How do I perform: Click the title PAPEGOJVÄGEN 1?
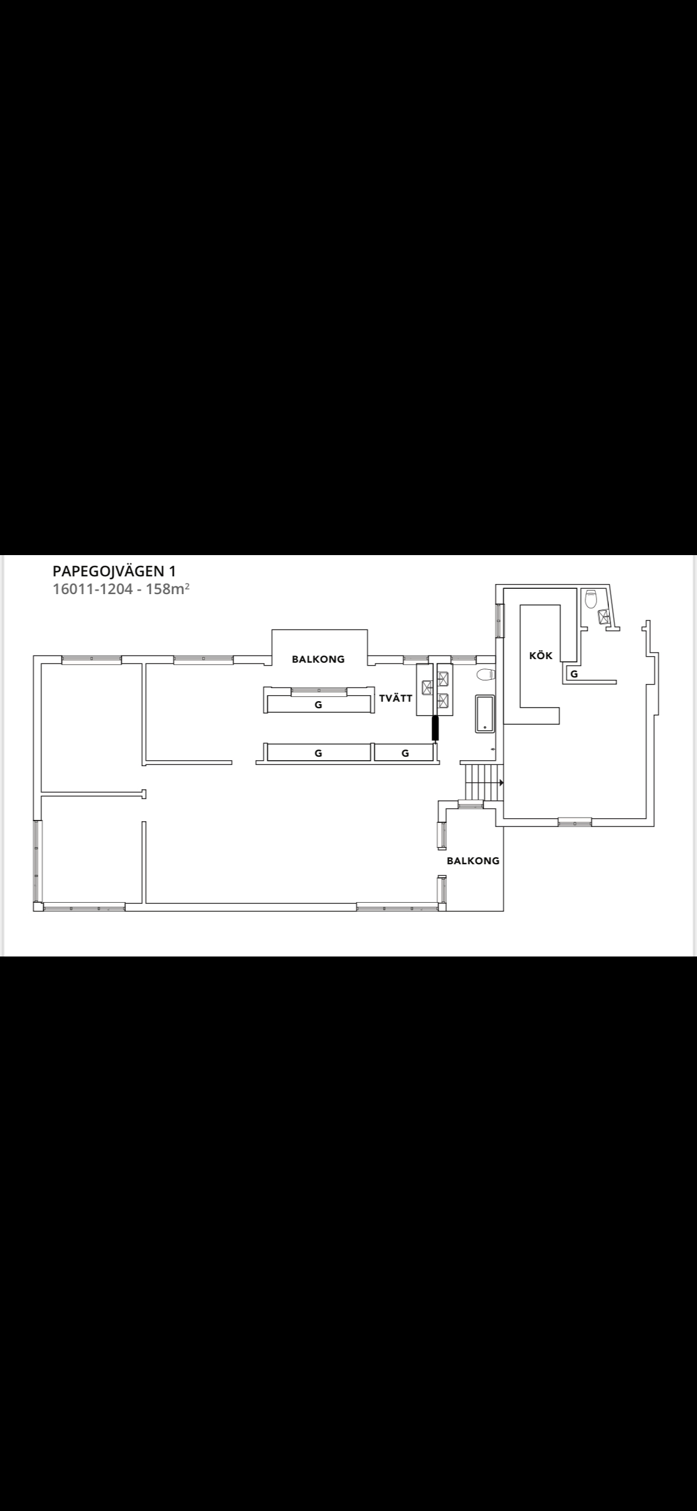pos(114,572)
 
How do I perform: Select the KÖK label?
pos(541,656)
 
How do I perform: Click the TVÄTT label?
pos(395,698)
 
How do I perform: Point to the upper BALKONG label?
pos(318,659)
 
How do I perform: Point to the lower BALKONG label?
pos(473,861)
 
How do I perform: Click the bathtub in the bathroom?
pos(485,714)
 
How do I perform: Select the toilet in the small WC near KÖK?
pos(591,599)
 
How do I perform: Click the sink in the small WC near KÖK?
pos(604,617)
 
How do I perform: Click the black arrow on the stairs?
pos(501,783)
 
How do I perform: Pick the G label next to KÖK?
pos(574,673)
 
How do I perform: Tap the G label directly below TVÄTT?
pos(405,753)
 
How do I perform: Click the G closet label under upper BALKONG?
pos(318,705)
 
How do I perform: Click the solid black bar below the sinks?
pos(436,728)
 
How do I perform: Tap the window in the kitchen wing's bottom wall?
pos(575,822)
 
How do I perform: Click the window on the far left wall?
pos(37,861)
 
